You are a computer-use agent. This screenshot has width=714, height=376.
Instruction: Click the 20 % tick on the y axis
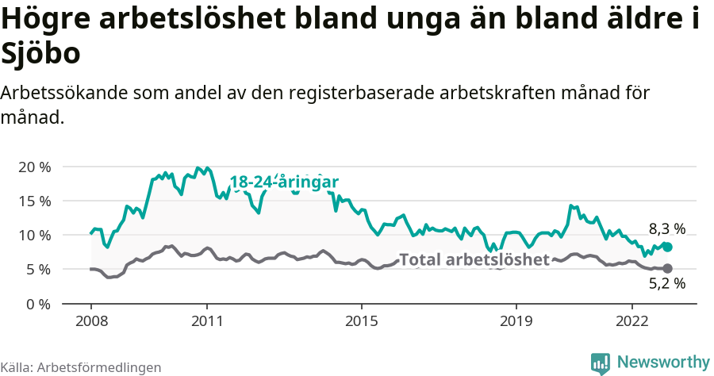[x=34, y=167]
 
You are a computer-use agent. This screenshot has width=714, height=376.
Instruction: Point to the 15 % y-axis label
[x=34, y=201]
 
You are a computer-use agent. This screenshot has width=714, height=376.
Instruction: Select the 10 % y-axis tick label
[x=34, y=236]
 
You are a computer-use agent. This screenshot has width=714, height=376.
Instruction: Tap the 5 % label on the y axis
[x=38, y=270]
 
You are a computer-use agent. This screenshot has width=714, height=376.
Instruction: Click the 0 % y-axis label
[x=38, y=304]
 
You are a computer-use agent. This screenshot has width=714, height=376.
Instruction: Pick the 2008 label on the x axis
[x=90, y=321]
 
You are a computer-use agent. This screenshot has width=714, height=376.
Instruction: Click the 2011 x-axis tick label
[x=207, y=321]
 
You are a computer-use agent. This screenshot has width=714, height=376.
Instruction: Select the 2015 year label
[x=362, y=321]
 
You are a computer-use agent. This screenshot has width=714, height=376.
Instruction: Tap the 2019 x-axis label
[x=516, y=321]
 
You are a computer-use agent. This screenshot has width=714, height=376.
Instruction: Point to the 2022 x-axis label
[x=632, y=321]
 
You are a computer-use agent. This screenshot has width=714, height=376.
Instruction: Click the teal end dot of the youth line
[x=667, y=247]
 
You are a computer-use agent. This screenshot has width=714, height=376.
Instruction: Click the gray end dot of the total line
[x=667, y=268]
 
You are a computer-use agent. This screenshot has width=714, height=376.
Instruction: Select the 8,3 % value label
[x=666, y=229]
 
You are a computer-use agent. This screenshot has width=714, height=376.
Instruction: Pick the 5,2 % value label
[x=666, y=284]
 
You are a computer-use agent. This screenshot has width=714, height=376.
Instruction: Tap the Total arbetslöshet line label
[x=474, y=259]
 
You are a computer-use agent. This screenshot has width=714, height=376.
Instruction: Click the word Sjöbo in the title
[x=40, y=54]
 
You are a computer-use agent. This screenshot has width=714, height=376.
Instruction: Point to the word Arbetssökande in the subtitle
[x=60, y=93]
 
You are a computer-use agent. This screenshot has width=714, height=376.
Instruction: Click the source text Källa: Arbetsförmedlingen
[x=81, y=367]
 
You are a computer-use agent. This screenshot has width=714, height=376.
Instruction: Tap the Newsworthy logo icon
[x=601, y=363]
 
